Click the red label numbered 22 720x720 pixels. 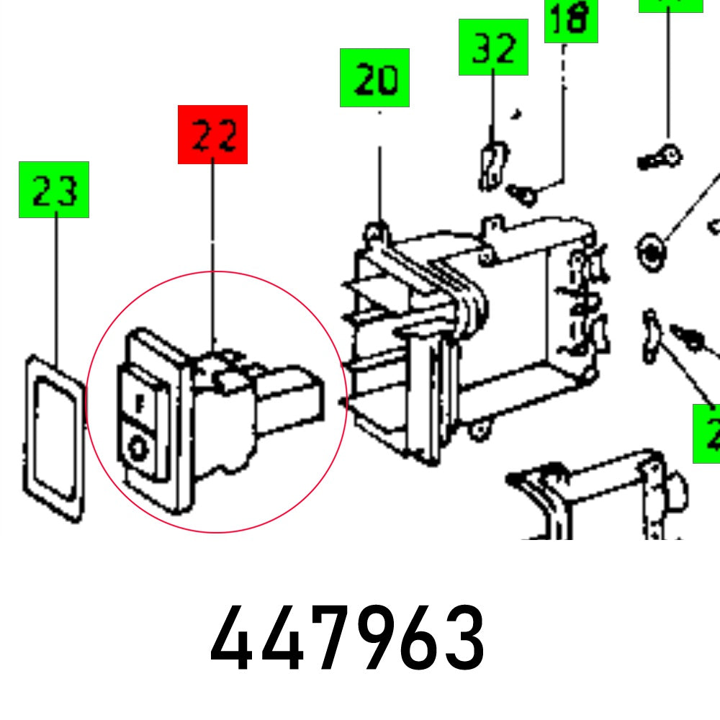pyautogui.click(x=212, y=135)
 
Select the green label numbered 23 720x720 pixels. pyautogui.click(x=54, y=189)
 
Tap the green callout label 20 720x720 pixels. pyautogui.click(x=374, y=78)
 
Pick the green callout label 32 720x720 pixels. pyautogui.click(x=493, y=48)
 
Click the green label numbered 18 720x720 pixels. pyautogui.click(x=571, y=20)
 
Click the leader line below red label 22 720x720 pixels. pyautogui.click(x=212, y=252)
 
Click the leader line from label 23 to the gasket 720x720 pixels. pyautogui.click(x=55, y=288)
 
